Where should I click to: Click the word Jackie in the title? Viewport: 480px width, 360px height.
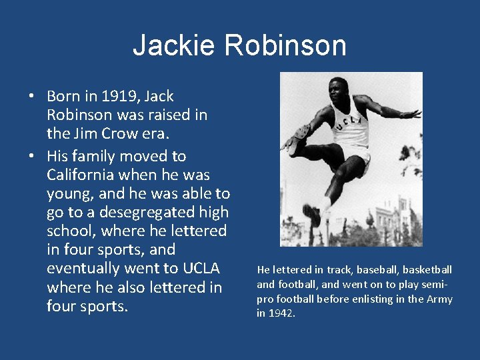pyautogui.click(x=175, y=45)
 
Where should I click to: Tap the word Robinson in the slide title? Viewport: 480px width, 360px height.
pyautogui.click(x=285, y=45)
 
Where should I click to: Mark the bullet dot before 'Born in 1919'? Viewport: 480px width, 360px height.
pyautogui.click(x=31, y=96)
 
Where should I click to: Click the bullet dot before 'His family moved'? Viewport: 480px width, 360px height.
pyautogui.click(x=31, y=156)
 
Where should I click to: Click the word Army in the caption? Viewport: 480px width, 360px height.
pyautogui.click(x=440, y=299)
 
